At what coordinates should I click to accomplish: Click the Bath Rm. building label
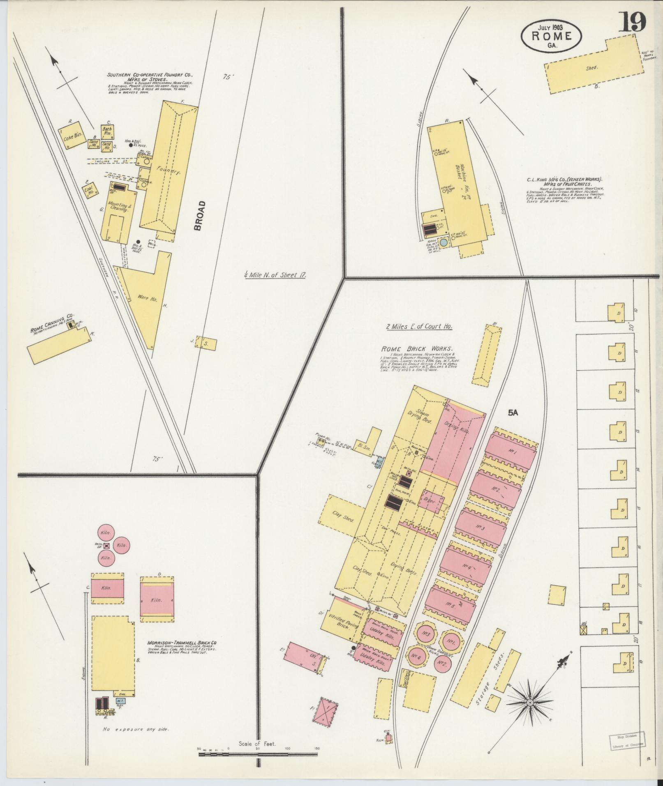[107, 131]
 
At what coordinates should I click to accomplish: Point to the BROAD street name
[199, 215]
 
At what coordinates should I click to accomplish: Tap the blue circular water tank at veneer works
[444, 243]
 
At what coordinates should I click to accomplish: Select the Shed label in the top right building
[591, 68]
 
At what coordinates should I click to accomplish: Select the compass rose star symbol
[530, 703]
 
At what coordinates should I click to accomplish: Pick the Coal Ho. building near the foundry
[90, 191]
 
